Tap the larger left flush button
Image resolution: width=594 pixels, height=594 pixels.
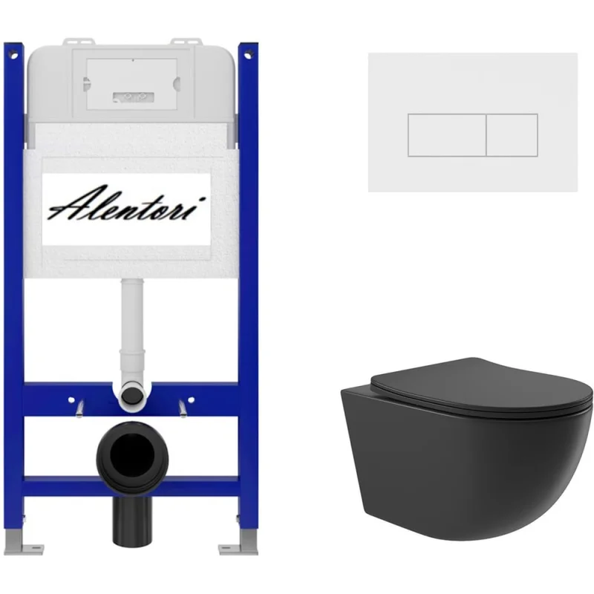pos(447,135)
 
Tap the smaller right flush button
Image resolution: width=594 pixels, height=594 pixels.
pos(512,135)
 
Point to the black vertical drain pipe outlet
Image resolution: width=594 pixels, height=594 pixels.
pos(132,522)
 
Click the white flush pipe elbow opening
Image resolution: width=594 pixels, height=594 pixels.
pos(133,396)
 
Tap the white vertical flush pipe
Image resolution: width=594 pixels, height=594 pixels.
pos(132,330)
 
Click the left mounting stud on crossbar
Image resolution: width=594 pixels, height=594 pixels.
pos(80,410)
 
